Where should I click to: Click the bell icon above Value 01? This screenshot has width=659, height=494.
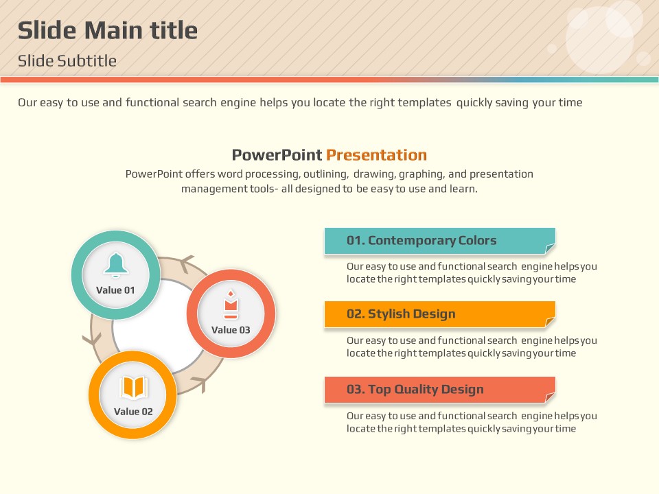116,266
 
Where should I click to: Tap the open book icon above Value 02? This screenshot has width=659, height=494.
134,387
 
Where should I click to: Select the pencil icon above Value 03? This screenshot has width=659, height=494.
231,305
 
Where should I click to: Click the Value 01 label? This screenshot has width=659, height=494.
115,290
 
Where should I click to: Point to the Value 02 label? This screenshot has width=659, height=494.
133,412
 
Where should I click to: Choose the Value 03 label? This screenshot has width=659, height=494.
231,330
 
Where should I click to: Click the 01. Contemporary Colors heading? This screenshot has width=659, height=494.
421,240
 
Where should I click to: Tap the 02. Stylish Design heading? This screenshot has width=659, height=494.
401,314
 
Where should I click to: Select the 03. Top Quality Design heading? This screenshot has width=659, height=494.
415,390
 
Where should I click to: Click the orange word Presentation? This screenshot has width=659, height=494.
377,155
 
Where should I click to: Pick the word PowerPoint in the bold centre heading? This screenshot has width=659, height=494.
277,155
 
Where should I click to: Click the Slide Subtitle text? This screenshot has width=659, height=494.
67,61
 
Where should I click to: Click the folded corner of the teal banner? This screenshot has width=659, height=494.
550,249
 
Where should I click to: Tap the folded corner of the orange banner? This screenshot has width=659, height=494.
550,322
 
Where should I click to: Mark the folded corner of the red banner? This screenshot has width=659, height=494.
550,397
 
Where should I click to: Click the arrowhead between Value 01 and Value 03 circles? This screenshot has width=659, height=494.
186,263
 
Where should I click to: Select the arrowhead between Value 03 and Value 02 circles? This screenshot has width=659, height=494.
200,383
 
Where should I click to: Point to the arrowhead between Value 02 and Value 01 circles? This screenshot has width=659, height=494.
92,339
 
